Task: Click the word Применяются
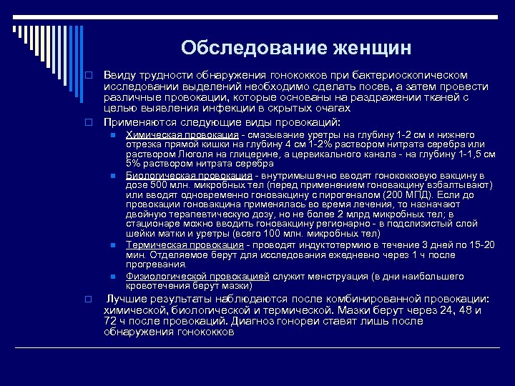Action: coord(136,122)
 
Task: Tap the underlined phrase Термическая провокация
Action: coord(182,245)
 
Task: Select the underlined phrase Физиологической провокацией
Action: coord(197,275)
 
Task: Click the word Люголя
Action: coord(187,154)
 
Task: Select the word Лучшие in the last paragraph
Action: coord(127,298)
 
